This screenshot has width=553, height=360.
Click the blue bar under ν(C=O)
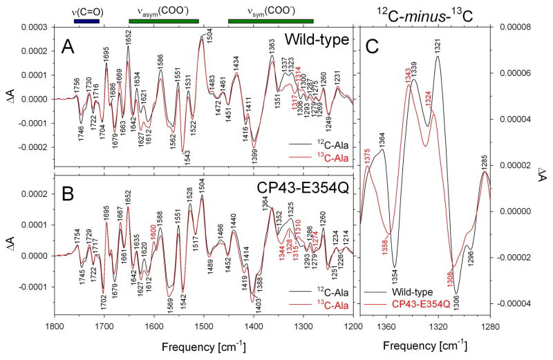tap(86, 21)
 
